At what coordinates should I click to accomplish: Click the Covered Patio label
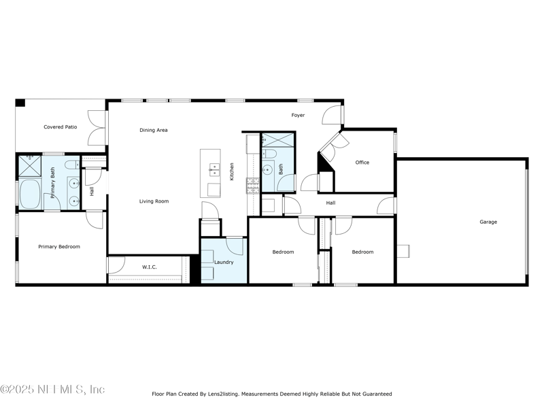61,126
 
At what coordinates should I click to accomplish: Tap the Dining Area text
154,130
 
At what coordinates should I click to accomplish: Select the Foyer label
298,115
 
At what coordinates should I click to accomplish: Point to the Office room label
362,162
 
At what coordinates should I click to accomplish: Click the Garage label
488,222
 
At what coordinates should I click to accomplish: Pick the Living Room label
154,201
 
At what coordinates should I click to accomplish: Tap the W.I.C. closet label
150,267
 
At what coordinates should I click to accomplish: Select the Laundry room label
224,262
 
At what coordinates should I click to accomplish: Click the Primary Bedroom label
59,247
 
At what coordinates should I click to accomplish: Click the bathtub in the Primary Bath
31,195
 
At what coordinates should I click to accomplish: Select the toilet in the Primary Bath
71,165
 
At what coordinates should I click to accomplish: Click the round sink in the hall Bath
268,170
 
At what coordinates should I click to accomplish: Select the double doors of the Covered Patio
97,127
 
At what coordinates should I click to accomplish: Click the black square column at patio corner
20,103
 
